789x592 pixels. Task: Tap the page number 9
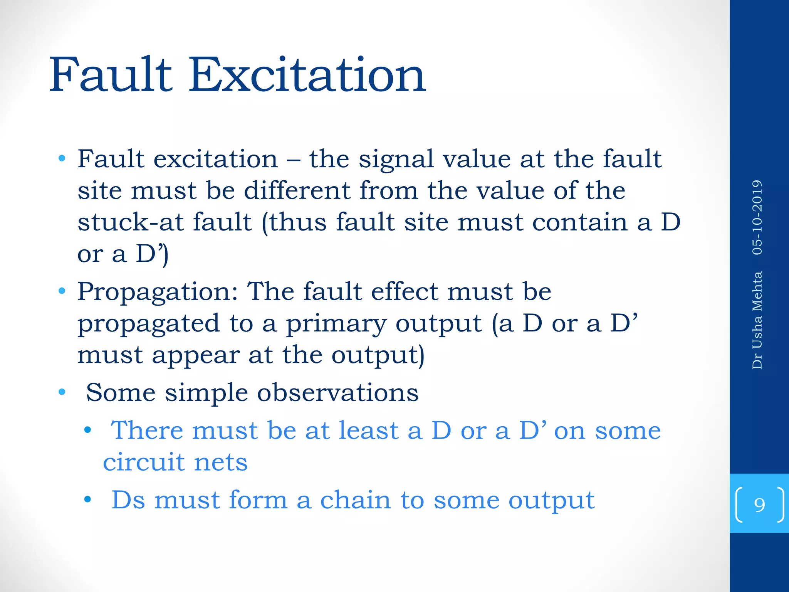click(759, 505)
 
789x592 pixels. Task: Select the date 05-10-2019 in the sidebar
click(757, 217)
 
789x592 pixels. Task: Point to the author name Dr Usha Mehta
click(757, 320)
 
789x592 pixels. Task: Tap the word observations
click(337, 393)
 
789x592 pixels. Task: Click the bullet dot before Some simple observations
click(62, 393)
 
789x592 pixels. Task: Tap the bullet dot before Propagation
click(62, 291)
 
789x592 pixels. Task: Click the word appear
click(196, 355)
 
